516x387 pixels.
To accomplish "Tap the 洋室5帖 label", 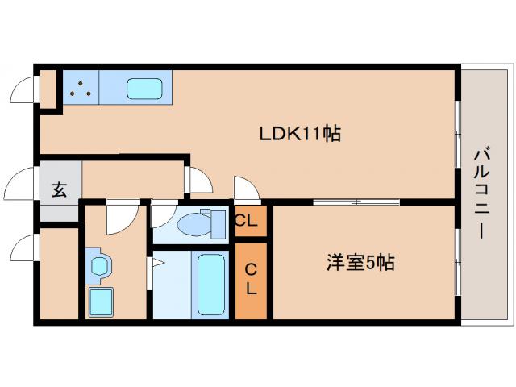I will (x=360, y=263).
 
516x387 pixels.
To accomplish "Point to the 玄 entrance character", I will (x=60, y=191).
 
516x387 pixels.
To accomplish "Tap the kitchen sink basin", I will (x=145, y=88).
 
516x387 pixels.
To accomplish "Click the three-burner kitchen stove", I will (x=80, y=88).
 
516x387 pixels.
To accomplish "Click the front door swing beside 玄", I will (x=22, y=185).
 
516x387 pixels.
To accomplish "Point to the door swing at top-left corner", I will (x=25, y=88).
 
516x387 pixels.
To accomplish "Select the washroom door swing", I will (x=119, y=216).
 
